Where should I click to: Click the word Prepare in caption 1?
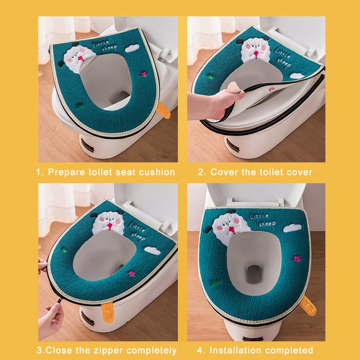point(66,172)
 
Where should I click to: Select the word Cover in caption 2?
point(224,172)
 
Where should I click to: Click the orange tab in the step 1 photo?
point(163,110)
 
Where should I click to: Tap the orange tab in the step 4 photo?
point(308,306)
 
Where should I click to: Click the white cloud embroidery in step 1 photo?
point(132,48)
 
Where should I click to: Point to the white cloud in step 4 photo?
point(292,228)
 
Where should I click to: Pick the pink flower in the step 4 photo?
point(297,259)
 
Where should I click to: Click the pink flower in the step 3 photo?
point(131,274)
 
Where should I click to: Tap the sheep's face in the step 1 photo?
point(76,57)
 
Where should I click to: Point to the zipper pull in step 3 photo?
point(59,300)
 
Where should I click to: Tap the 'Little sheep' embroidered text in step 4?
point(263,220)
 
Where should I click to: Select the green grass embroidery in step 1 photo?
point(80,106)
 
